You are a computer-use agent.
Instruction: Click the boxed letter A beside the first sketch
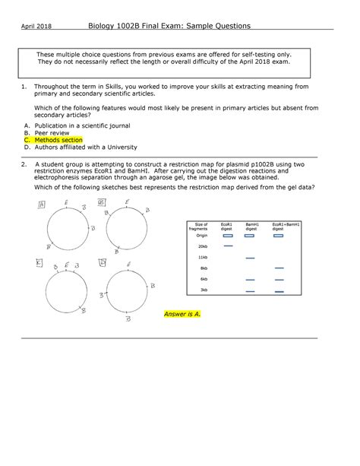pyautogui.click(x=43, y=204)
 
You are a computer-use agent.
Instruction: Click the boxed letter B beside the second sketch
pyautogui.click(x=100, y=203)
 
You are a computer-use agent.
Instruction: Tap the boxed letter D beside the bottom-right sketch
pyautogui.click(x=102, y=262)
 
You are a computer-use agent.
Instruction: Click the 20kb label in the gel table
pyautogui.click(x=203, y=246)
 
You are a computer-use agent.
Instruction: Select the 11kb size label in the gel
pyautogui.click(x=203, y=258)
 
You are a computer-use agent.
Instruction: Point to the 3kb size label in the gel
pyautogui.click(x=204, y=290)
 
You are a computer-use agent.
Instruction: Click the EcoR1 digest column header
pyautogui.click(x=227, y=227)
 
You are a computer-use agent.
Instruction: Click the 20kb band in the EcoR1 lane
pyautogui.click(x=227, y=246)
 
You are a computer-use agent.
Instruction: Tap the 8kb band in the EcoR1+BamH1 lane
pyautogui.click(x=279, y=268)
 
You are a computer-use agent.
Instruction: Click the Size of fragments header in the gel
pyautogui.click(x=201, y=227)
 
